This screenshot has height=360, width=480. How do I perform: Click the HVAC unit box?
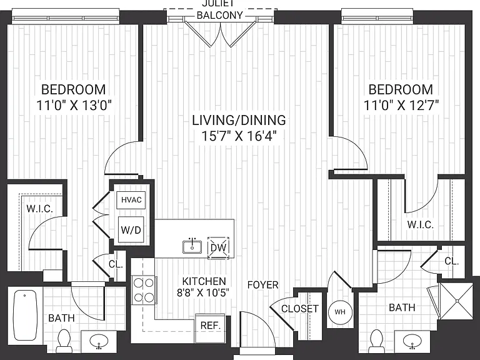[131, 200]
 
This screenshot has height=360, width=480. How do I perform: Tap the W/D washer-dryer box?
[131, 229]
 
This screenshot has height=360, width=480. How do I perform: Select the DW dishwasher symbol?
[219, 247]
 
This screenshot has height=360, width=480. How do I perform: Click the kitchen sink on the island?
[192, 247]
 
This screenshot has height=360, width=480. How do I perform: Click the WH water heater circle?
[340, 312]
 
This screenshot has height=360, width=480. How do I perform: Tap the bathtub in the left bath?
[26, 315]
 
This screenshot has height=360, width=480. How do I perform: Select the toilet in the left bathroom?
[64, 339]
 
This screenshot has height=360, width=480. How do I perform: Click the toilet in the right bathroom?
[376, 340]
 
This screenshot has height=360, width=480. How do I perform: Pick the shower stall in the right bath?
[456, 301]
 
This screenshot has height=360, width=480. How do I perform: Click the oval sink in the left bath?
[99, 341]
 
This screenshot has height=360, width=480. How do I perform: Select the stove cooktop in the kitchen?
[144, 290]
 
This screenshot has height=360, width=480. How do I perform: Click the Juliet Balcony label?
[220, 9]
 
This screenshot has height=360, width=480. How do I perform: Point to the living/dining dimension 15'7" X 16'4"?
[239, 136]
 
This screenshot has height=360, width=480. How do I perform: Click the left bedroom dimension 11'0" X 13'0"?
[74, 105]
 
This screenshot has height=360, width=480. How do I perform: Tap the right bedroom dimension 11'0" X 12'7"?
[401, 105]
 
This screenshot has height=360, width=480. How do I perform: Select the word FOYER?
[262, 285]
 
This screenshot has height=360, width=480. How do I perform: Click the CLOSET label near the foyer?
[300, 309]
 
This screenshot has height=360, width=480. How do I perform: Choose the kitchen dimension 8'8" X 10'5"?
[203, 293]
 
